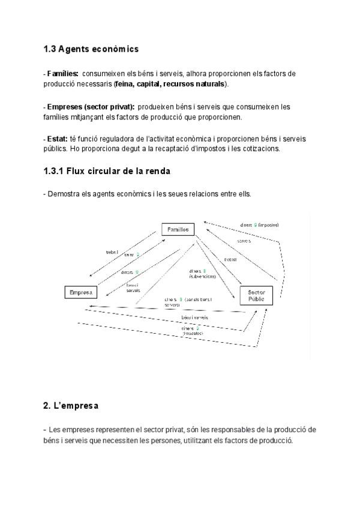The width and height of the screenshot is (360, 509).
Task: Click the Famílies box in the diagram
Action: [x=178, y=229]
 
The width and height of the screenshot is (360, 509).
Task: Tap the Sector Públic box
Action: [x=256, y=294]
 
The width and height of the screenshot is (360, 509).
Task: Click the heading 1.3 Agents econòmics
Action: [x=91, y=49]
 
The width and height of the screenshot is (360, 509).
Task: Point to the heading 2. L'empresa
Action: [x=71, y=406]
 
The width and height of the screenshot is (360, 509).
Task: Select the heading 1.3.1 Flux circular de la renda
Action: [x=107, y=171]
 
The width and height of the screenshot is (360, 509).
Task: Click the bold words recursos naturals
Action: [x=194, y=83]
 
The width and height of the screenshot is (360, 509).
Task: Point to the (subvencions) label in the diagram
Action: [x=202, y=277]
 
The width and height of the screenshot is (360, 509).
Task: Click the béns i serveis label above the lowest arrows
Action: [x=194, y=317]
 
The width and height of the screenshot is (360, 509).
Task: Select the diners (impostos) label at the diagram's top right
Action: [x=259, y=225]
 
